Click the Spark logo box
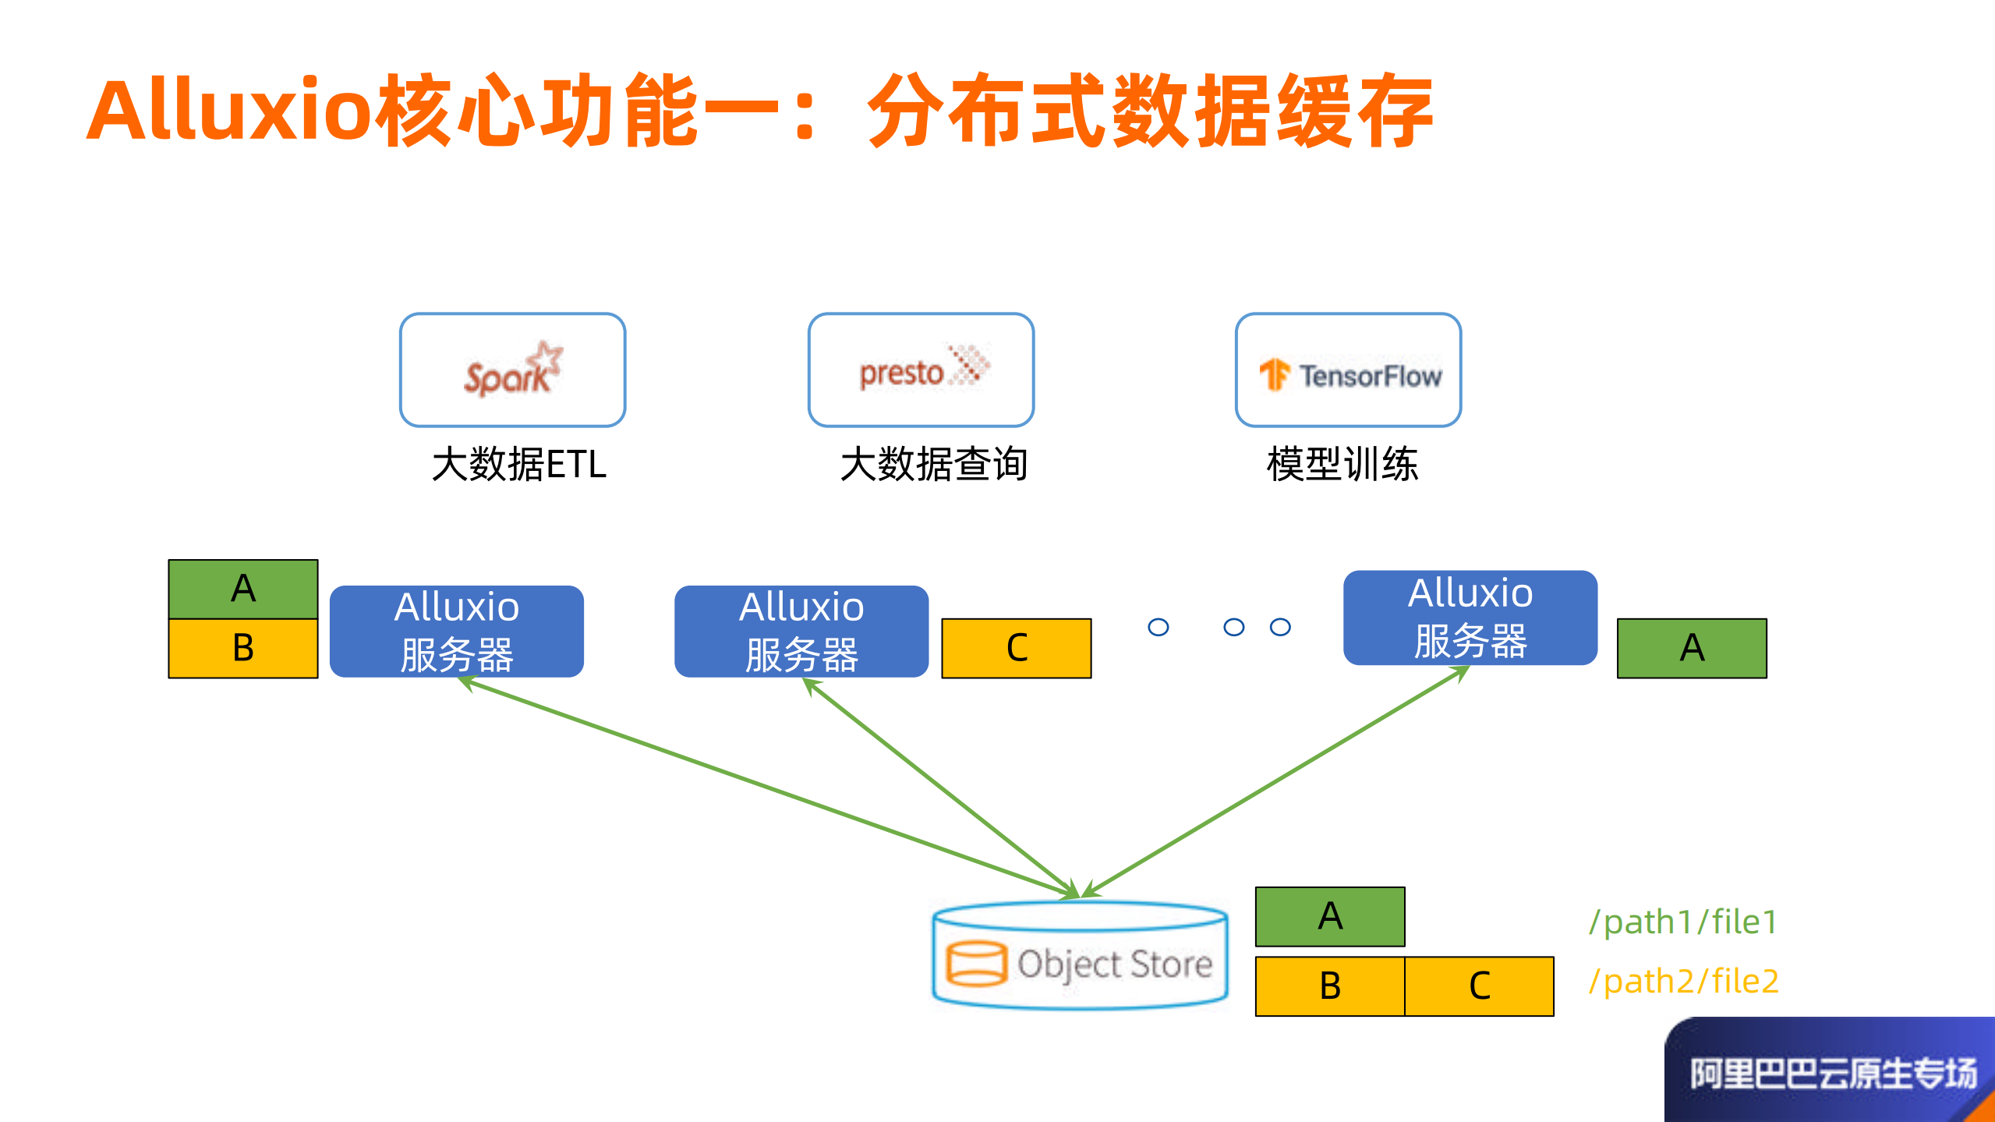512,370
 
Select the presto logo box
921,370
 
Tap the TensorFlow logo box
1348,370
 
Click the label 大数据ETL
518,465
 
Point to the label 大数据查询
933,465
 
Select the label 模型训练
1342,465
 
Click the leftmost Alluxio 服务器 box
456,631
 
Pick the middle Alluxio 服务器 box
801,631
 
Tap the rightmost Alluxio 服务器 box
1470,617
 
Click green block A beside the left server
242,589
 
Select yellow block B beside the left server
242,648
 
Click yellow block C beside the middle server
1016,648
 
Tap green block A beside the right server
1691,648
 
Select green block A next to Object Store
1329,916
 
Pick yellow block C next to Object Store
1479,986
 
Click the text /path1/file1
1683,922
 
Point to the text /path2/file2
1683,981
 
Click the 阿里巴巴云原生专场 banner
1832,1073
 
